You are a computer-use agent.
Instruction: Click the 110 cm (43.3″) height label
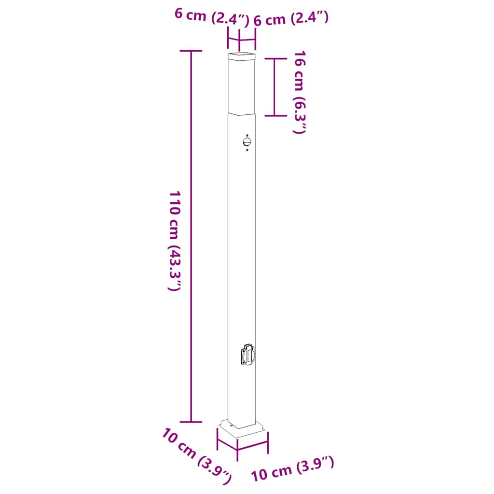pos(175,240)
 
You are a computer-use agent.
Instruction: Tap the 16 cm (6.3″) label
pos(299,92)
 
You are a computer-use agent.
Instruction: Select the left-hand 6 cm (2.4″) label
pos(211,17)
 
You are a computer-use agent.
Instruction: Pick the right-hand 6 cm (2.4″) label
pos(291,19)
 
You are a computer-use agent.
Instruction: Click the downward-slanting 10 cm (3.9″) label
pos(197,456)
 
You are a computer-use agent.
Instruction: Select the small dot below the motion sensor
pos(247,150)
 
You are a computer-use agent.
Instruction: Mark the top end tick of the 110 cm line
pos(192,51)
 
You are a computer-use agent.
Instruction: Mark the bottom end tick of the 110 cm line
pos(192,422)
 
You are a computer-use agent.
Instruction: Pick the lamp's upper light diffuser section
pos(241,87)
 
